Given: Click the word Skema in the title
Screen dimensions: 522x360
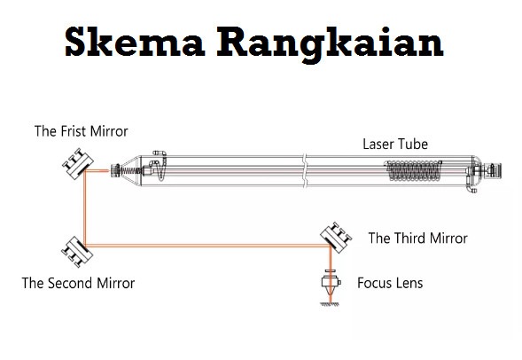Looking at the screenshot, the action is click(135, 42).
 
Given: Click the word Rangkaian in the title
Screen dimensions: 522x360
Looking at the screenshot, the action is click(330, 45).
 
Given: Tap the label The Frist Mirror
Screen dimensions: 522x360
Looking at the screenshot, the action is click(82, 131).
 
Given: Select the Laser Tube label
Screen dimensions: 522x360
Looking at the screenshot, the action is click(395, 145).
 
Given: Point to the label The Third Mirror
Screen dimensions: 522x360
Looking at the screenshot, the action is click(417, 239).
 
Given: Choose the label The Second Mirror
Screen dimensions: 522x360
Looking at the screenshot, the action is click(78, 283).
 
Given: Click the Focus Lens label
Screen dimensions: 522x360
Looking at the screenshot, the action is click(390, 283).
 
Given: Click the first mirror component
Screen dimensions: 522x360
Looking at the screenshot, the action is click(78, 164).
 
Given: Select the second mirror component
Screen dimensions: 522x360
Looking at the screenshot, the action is click(77, 252).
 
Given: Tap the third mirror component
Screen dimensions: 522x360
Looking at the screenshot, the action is click(336, 238).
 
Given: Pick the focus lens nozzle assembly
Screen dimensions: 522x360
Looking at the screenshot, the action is click(331, 282).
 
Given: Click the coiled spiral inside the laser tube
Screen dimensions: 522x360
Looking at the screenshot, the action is click(413, 171).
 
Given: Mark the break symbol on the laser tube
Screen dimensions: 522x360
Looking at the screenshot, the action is click(305, 171).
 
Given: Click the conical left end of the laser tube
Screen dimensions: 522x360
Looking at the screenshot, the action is click(130, 171).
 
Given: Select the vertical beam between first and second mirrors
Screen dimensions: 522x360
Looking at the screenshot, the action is click(85, 208).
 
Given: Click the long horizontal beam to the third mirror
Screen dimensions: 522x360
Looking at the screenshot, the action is click(207, 246).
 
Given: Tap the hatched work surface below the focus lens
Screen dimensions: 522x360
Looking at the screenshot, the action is click(331, 304).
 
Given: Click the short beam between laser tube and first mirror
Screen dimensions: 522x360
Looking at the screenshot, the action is click(97, 171).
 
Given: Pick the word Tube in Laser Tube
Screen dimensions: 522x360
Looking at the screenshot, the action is click(413, 145).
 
